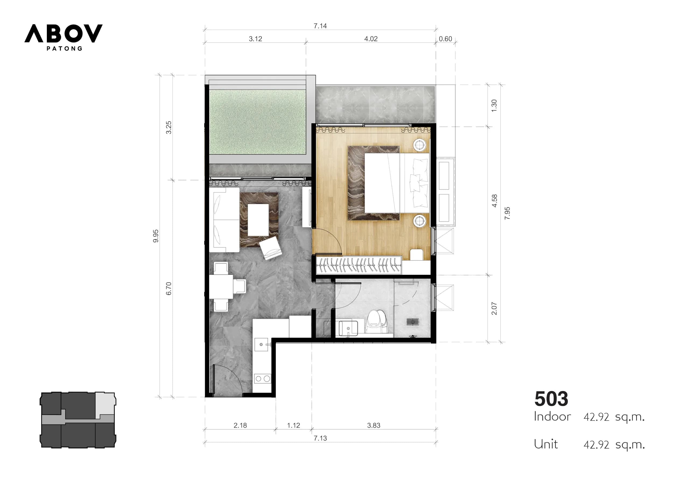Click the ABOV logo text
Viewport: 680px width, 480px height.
(x=63, y=33)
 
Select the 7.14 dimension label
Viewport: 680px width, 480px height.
(x=320, y=26)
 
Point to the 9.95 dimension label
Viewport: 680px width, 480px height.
(x=156, y=236)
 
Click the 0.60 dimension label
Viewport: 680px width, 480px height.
(x=446, y=39)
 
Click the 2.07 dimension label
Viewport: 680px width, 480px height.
(x=494, y=308)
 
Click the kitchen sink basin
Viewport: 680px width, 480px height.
(x=261, y=345)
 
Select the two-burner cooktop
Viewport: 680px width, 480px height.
(x=263, y=379)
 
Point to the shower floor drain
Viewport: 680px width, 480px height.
(x=412, y=322)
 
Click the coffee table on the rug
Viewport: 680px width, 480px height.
(x=258, y=220)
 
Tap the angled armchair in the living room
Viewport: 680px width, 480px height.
(x=270, y=248)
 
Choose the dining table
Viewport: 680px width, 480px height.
(x=221, y=287)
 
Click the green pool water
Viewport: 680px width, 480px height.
(x=258, y=122)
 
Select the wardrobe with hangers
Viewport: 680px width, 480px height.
(x=359, y=265)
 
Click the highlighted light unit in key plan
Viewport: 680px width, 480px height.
(x=105, y=404)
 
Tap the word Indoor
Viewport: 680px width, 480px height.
(x=552, y=417)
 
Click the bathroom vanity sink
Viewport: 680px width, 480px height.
(x=348, y=329)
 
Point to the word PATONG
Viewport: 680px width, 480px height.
(x=65, y=48)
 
